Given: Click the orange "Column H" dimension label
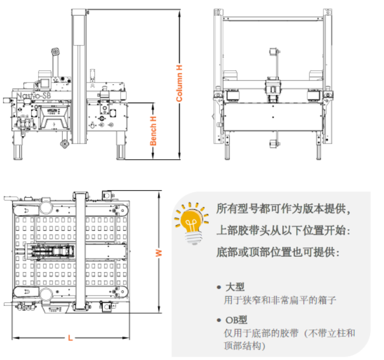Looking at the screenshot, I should click(x=179, y=83).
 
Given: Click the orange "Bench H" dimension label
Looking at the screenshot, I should click(x=153, y=131).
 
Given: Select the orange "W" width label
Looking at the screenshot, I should click(x=159, y=253).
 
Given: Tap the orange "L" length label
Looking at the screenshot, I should click(x=70, y=338).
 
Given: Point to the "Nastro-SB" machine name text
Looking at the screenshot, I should click(x=34, y=96).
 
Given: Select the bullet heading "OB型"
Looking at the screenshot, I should click(x=236, y=320).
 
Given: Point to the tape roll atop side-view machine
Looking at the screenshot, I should click(x=56, y=53).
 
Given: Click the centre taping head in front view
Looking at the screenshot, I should click(x=272, y=90).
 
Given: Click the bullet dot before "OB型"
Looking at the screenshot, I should click(x=219, y=321).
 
